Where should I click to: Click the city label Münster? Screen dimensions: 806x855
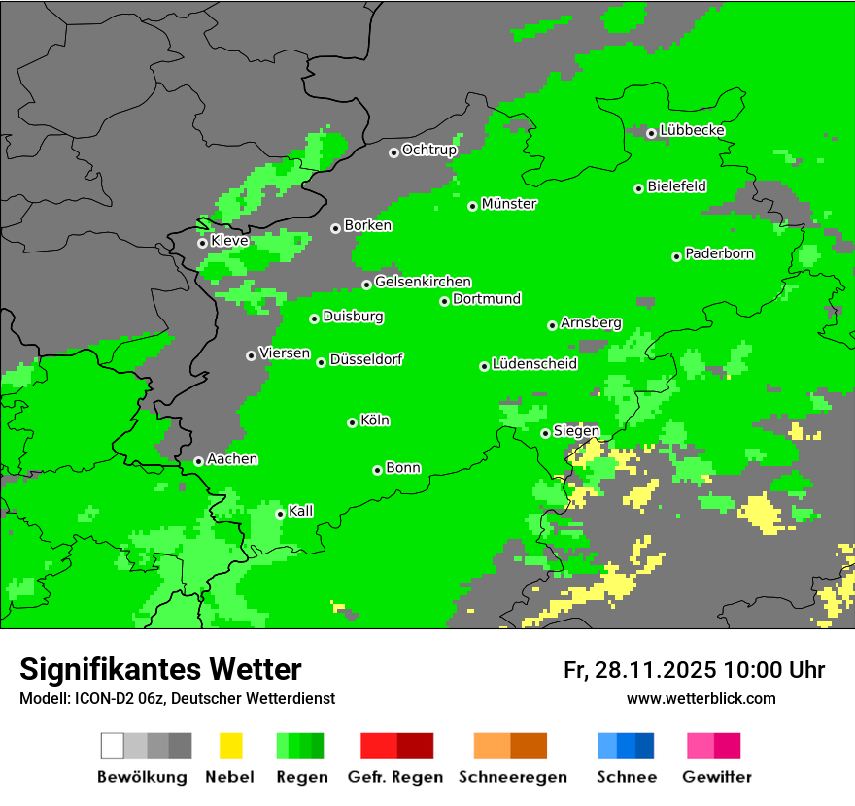(509, 204)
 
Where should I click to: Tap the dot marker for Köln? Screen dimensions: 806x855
(352, 422)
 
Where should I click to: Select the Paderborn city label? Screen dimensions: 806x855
(720, 253)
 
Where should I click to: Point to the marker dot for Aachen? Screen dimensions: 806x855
(198, 461)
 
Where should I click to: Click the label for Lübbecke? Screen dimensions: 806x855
(693, 130)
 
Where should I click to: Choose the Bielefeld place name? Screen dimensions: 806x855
(677, 185)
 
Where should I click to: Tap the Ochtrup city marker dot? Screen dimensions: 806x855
(393, 151)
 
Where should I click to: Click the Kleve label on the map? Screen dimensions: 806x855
(229, 240)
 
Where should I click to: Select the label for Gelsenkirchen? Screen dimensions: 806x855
(423, 282)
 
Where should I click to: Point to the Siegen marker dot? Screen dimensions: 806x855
(545, 433)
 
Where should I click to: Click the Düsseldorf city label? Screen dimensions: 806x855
(366, 359)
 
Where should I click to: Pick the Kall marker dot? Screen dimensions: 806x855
(280, 514)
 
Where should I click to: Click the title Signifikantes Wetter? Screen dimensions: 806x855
(160, 669)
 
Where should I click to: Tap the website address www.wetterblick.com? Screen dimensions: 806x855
(701, 698)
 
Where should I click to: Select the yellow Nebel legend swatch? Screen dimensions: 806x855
(230, 746)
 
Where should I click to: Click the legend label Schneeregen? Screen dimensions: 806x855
(513, 777)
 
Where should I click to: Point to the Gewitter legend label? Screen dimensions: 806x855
(716, 777)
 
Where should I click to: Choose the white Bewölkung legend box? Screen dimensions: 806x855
(113, 746)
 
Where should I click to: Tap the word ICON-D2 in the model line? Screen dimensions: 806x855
(100, 698)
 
